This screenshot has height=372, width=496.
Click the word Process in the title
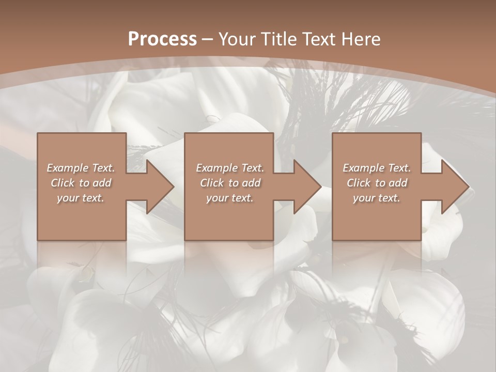pyautogui.click(x=162, y=39)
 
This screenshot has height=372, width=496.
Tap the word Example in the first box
pyautogui.click(x=67, y=168)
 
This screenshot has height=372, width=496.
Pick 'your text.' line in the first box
pyautogui.click(x=81, y=198)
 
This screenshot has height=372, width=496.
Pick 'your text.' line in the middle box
pyautogui.click(x=230, y=198)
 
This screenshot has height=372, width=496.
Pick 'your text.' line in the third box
pyautogui.click(x=377, y=198)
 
